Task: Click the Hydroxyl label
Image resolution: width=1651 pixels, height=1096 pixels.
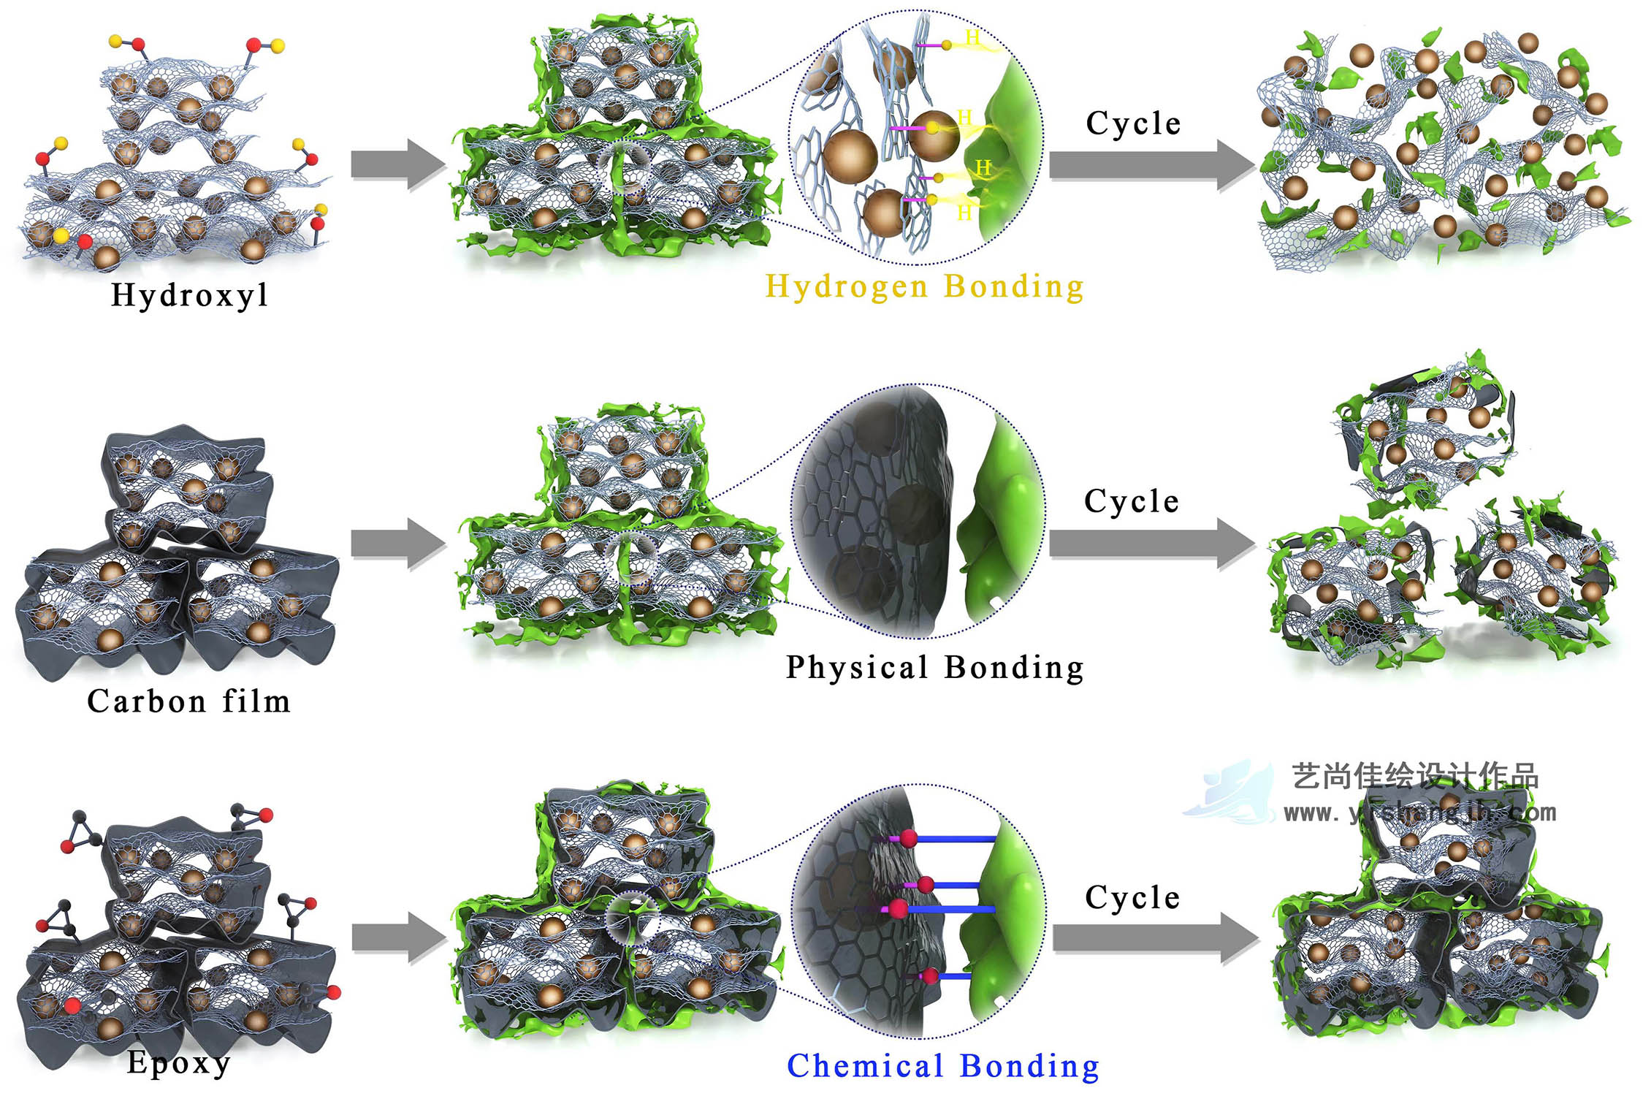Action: [x=190, y=295]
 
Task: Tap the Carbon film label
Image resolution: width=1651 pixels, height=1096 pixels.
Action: [x=188, y=701]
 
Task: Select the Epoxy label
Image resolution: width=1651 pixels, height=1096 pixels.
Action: [x=178, y=1062]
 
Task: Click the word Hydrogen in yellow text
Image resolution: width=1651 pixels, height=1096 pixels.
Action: [x=847, y=286]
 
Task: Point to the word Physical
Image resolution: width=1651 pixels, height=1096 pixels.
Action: [x=857, y=667]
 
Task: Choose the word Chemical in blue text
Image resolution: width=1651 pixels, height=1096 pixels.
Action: [x=865, y=1066]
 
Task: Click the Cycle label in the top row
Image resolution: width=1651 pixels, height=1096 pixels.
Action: [x=1133, y=123]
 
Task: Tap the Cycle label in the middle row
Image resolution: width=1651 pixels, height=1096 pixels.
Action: [x=1132, y=501]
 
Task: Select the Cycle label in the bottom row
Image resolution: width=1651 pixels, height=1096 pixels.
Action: [x=1132, y=897]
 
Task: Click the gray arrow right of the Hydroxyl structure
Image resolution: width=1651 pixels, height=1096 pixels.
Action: [x=398, y=164]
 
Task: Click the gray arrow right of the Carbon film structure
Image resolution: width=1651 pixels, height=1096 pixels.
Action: [x=398, y=544]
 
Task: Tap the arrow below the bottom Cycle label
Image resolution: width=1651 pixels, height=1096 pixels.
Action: [x=1155, y=938]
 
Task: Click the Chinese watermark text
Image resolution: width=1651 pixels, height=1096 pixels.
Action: [x=1415, y=776]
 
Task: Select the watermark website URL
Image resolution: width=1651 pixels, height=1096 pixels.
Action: [x=1419, y=813]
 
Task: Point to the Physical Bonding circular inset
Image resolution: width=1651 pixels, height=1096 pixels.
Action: [x=918, y=511]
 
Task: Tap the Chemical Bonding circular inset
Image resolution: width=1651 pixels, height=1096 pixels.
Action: [x=920, y=911]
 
